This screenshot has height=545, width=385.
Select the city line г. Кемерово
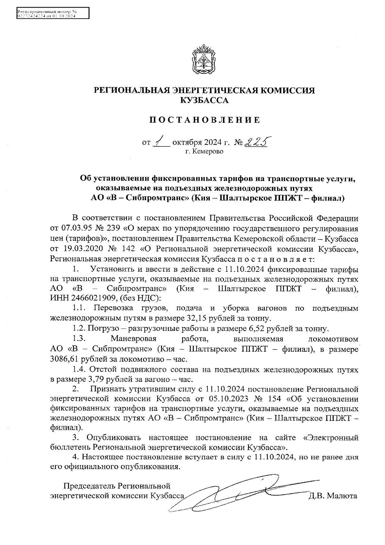tap(204, 151)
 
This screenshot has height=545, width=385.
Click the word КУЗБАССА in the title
tap(204, 101)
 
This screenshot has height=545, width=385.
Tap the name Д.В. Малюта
tap(332, 496)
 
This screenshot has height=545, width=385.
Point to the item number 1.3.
tap(78, 339)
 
